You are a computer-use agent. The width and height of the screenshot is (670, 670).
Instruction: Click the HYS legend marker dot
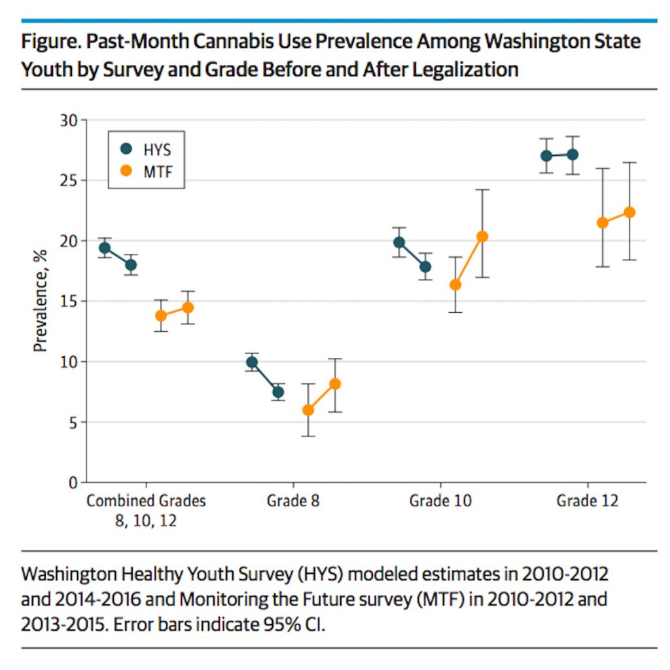126,149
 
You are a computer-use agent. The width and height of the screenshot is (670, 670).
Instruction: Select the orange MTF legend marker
126,171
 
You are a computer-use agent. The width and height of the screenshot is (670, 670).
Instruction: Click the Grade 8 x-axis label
293,502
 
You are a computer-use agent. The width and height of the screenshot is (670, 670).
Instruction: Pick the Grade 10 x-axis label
440,502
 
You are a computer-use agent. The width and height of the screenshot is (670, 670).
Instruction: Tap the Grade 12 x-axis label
587,502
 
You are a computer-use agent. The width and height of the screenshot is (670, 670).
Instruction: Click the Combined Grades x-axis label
146,502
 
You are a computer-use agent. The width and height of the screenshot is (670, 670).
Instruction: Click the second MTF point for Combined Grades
188,308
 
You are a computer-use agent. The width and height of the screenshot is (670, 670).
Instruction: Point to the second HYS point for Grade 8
278,392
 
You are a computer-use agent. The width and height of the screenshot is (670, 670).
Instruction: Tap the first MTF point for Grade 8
308,410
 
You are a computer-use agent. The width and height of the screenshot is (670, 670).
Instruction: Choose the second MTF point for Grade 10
482,236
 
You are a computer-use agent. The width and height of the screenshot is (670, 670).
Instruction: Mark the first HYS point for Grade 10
399,243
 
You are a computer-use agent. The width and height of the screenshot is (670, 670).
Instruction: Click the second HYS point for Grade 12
573,154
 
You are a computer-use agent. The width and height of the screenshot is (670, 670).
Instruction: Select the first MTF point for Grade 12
603,223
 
